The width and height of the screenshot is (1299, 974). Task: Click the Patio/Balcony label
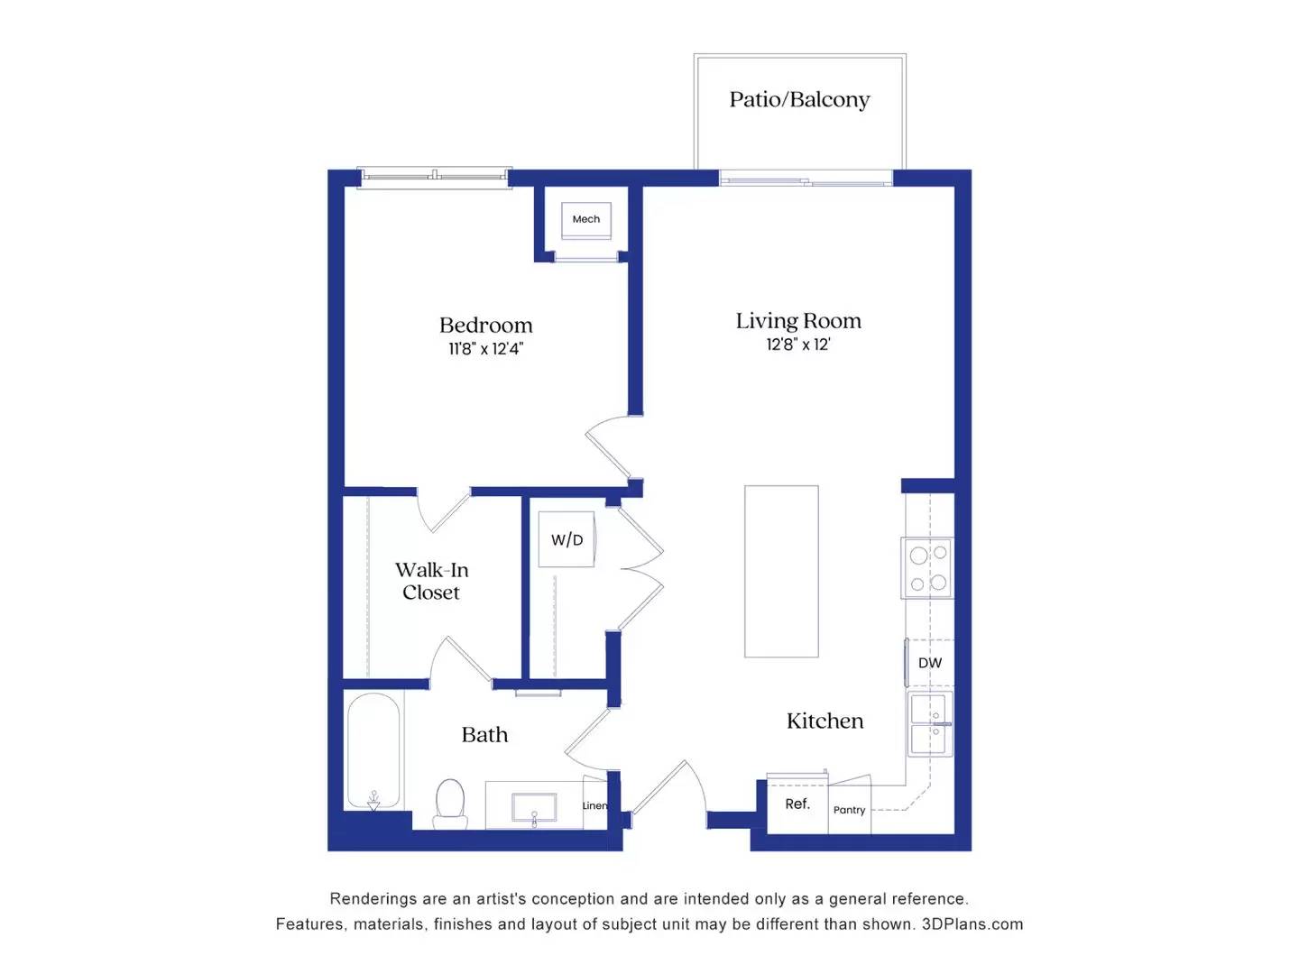coord(799,99)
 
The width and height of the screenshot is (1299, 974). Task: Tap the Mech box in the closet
coord(585,219)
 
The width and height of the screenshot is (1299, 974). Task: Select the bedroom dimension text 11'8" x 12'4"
coord(485,349)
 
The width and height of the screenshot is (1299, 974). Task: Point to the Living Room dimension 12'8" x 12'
coord(798,345)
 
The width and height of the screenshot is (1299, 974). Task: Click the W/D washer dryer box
coord(567,539)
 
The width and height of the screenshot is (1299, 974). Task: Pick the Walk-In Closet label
coord(431,581)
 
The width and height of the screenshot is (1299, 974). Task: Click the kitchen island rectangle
coord(781,571)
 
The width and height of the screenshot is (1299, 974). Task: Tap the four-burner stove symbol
coord(927,568)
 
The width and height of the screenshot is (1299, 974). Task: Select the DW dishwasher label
coord(929,663)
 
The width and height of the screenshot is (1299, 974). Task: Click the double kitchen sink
coord(929,724)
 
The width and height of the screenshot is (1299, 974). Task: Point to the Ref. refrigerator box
coord(797,804)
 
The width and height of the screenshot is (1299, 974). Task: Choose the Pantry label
coord(849,810)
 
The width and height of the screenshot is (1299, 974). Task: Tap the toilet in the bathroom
coord(450,803)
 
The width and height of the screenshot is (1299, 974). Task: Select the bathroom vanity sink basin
coord(533,807)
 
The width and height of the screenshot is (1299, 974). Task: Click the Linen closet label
coord(594,805)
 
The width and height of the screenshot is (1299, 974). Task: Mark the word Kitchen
coord(825,721)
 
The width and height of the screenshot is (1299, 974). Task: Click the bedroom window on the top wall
coord(435,177)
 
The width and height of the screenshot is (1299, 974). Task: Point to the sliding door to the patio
coord(806,179)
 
